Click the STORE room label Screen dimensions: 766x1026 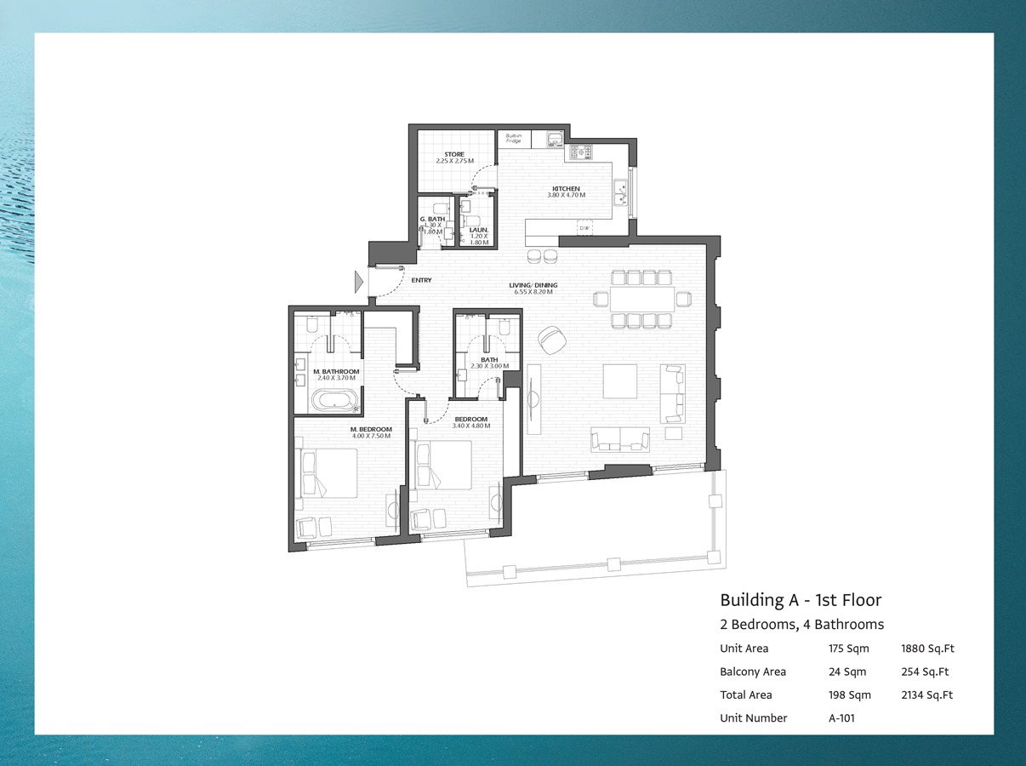[x=453, y=155]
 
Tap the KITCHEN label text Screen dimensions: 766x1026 [x=566, y=189]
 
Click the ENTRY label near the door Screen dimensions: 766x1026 [x=421, y=280]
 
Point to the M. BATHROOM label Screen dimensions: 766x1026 [x=336, y=372]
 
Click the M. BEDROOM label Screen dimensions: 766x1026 [x=371, y=430]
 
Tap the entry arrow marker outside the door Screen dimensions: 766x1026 [x=359, y=281]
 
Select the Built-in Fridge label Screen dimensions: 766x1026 [x=513, y=138]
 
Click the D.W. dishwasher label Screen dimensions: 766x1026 [x=584, y=228]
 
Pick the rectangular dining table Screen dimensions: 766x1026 [x=642, y=298]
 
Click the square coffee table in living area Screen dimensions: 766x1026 [x=620, y=381]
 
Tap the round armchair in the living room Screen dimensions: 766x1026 [x=554, y=340]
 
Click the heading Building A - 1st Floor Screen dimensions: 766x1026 [x=801, y=599]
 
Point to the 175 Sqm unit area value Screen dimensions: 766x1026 [x=849, y=649]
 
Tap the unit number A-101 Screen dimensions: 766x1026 [x=841, y=717]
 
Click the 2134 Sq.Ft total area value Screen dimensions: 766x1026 [x=926, y=695]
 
